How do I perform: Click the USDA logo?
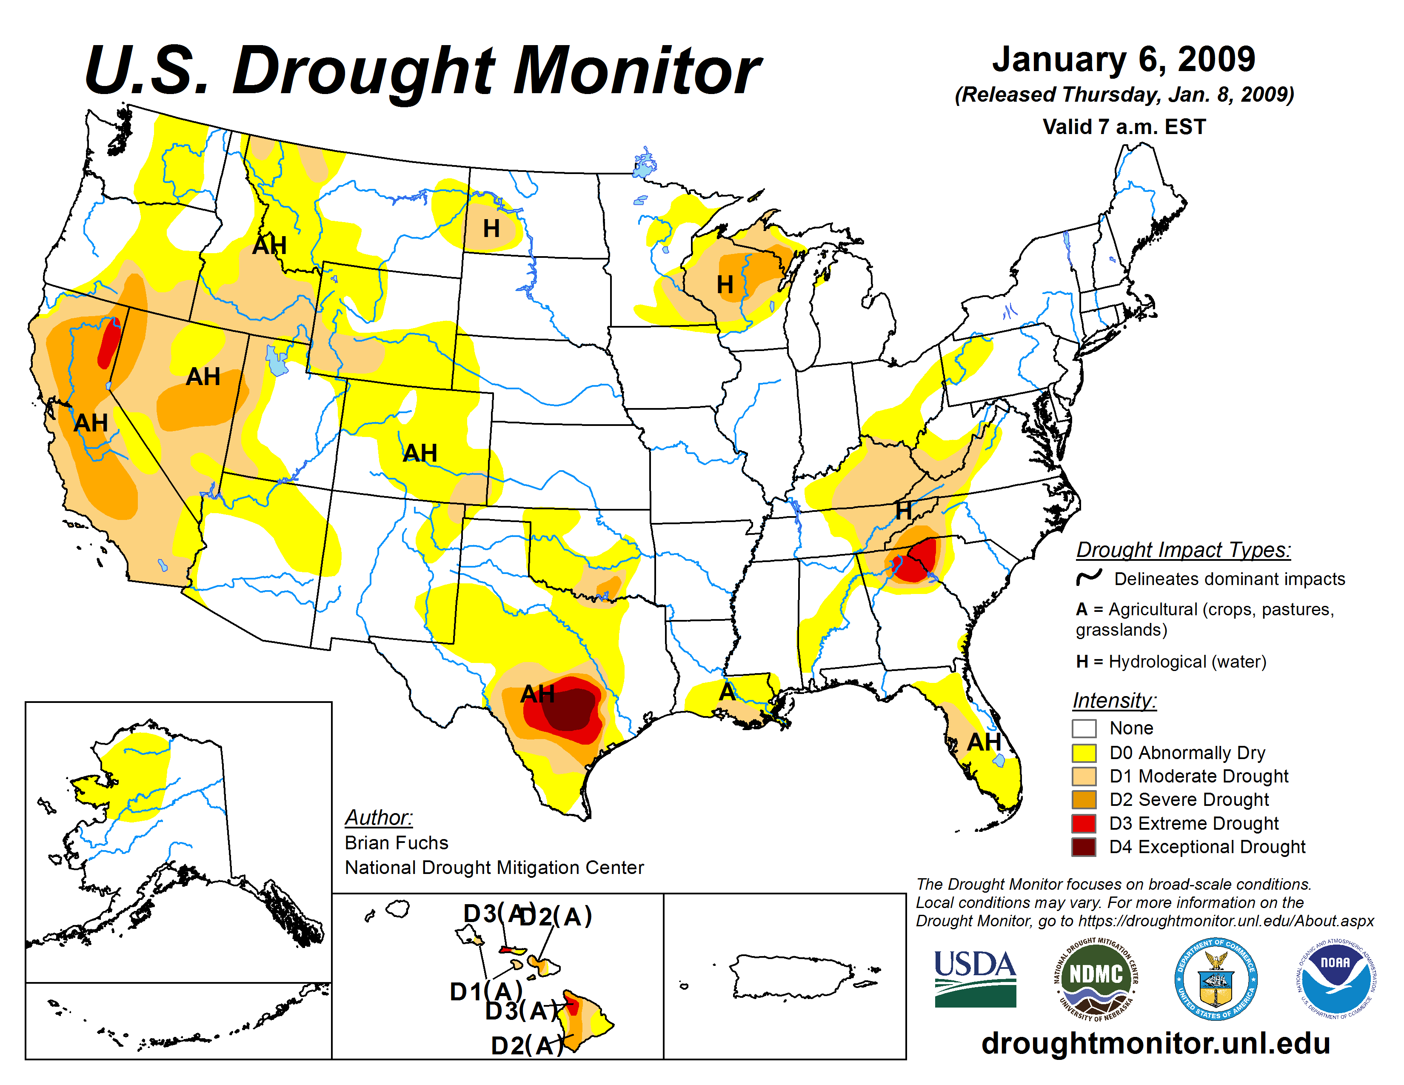click(x=975, y=978)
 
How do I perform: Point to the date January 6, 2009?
click(x=1123, y=59)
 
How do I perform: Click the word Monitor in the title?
click(x=636, y=71)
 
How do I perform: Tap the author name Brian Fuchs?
click(x=396, y=842)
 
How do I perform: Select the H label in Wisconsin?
click(x=725, y=284)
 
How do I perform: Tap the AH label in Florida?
click(x=984, y=742)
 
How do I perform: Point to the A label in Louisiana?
click(x=726, y=692)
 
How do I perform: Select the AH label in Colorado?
click(x=420, y=453)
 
